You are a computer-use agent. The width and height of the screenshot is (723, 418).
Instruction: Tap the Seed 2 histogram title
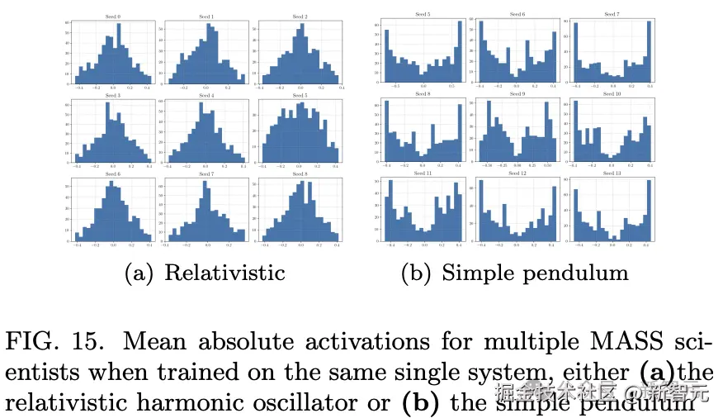300,17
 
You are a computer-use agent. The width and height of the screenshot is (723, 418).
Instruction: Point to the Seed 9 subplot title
517,94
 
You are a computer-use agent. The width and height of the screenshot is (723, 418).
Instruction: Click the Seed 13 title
612,173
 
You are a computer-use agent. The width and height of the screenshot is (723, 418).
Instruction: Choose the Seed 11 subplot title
421,173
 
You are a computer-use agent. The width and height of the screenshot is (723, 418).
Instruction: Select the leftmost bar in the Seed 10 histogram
575,132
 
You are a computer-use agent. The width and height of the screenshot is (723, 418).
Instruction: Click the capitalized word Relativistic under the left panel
224,273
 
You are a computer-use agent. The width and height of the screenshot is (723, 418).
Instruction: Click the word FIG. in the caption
32,340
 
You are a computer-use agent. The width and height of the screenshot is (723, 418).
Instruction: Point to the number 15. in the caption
86,340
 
